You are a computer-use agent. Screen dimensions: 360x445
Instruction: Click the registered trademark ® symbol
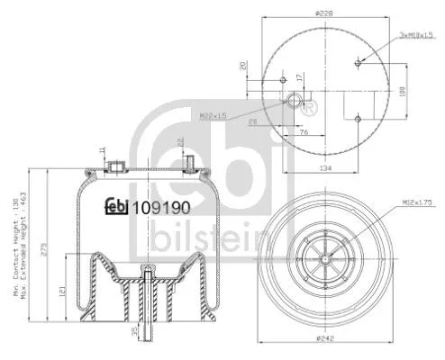point(311,109)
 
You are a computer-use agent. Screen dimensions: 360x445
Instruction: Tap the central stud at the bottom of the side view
point(145,310)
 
